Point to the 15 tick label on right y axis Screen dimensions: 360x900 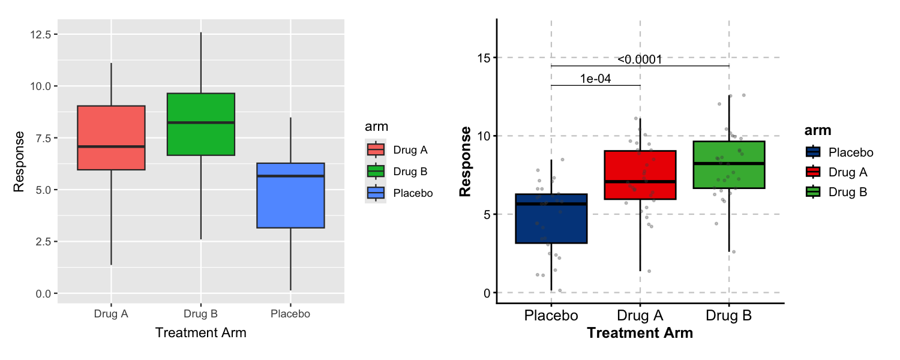(x=484, y=58)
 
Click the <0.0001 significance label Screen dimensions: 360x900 (x=640, y=59)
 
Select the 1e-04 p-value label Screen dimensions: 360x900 (x=595, y=79)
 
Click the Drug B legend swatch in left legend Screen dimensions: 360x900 (x=376, y=171)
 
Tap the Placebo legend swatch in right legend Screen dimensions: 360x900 (x=814, y=152)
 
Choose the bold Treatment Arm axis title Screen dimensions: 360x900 (x=640, y=333)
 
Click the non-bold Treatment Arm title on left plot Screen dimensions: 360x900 (x=200, y=332)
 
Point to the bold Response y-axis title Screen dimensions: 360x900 (x=465, y=162)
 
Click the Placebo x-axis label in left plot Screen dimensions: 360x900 (x=290, y=314)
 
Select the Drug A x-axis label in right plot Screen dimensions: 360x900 (x=640, y=316)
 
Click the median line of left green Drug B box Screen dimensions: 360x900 (x=200, y=122)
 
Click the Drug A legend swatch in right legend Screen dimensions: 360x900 (x=814, y=172)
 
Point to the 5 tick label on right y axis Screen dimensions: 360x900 (x=487, y=214)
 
